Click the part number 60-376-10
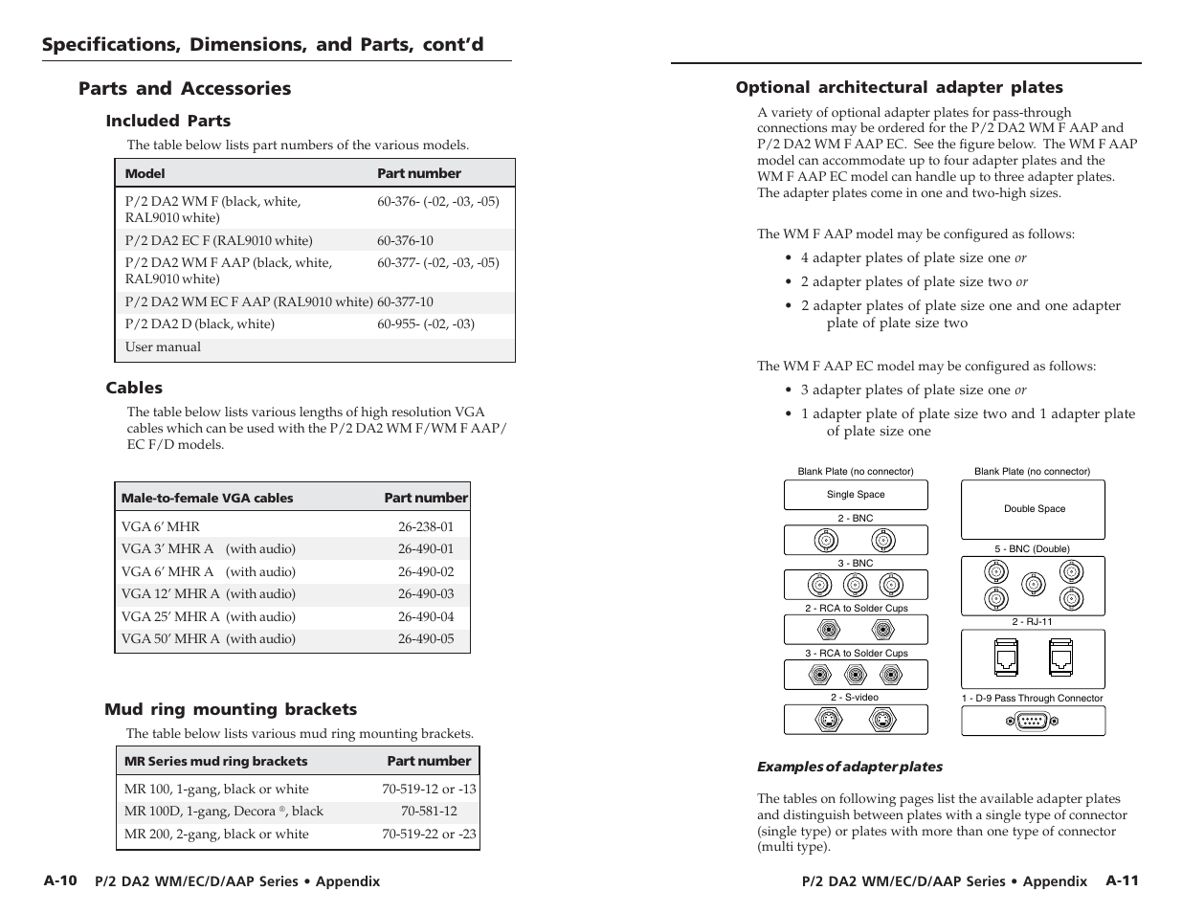coord(405,240)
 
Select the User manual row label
coord(163,347)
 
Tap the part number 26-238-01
coord(426,526)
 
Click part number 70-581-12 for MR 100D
coord(429,811)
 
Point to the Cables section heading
coord(134,388)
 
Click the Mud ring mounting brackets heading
coord(231,709)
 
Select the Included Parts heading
coord(168,121)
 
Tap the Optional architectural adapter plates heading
coord(899,87)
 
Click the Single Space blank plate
coord(856,495)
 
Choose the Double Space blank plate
coord(1034,509)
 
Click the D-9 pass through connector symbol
coord(1033,721)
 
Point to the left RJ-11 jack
coord(1006,658)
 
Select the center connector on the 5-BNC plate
coord(1033,585)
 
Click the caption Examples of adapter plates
coord(850,767)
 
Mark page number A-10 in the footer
coord(59,880)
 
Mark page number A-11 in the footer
coord(1122,880)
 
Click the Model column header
coord(145,173)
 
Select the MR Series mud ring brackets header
coord(215,761)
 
